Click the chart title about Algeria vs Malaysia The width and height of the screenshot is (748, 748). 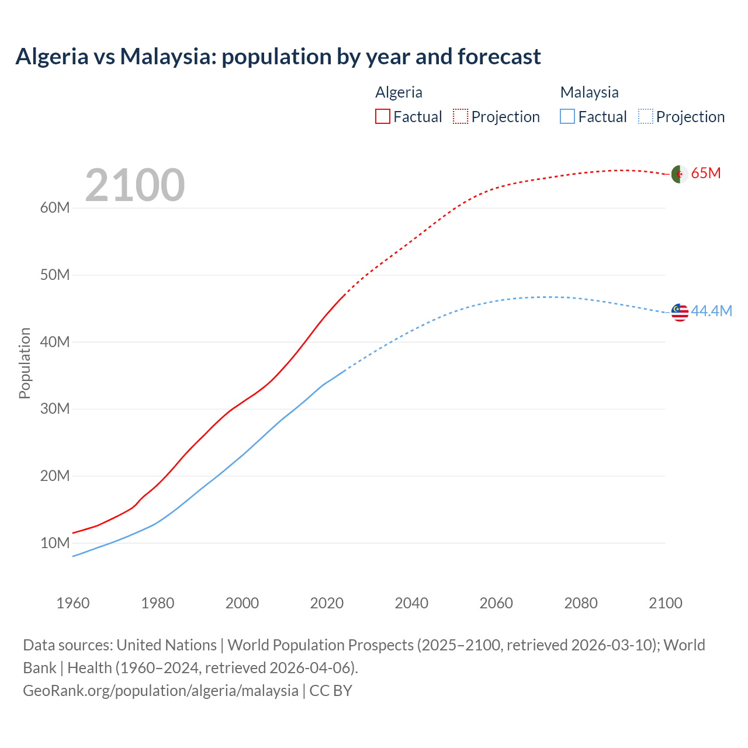click(278, 57)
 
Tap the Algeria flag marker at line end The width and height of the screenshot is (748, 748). click(679, 174)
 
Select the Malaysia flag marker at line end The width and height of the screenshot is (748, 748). click(680, 313)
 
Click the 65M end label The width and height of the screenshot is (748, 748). click(706, 174)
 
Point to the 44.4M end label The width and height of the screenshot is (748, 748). click(711, 311)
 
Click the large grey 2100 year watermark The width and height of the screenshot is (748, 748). click(135, 185)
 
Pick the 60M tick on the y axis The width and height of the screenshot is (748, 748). click(55, 208)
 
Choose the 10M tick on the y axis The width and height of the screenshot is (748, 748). click(55, 543)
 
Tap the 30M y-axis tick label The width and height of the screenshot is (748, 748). click(55, 409)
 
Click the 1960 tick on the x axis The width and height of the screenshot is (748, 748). click(73, 603)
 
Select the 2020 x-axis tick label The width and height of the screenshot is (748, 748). click(327, 603)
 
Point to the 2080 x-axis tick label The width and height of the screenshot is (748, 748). click(581, 603)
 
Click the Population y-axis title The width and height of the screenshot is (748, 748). click(25, 363)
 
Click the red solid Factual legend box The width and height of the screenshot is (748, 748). click(382, 117)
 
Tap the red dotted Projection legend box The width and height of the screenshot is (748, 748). click(460, 117)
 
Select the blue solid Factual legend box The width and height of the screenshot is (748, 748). click(567, 117)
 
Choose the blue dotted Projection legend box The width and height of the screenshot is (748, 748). click(646, 117)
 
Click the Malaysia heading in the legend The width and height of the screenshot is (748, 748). click(589, 92)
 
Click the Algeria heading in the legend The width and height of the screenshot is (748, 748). click(399, 92)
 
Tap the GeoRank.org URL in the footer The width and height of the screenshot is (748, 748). click(161, 691)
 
